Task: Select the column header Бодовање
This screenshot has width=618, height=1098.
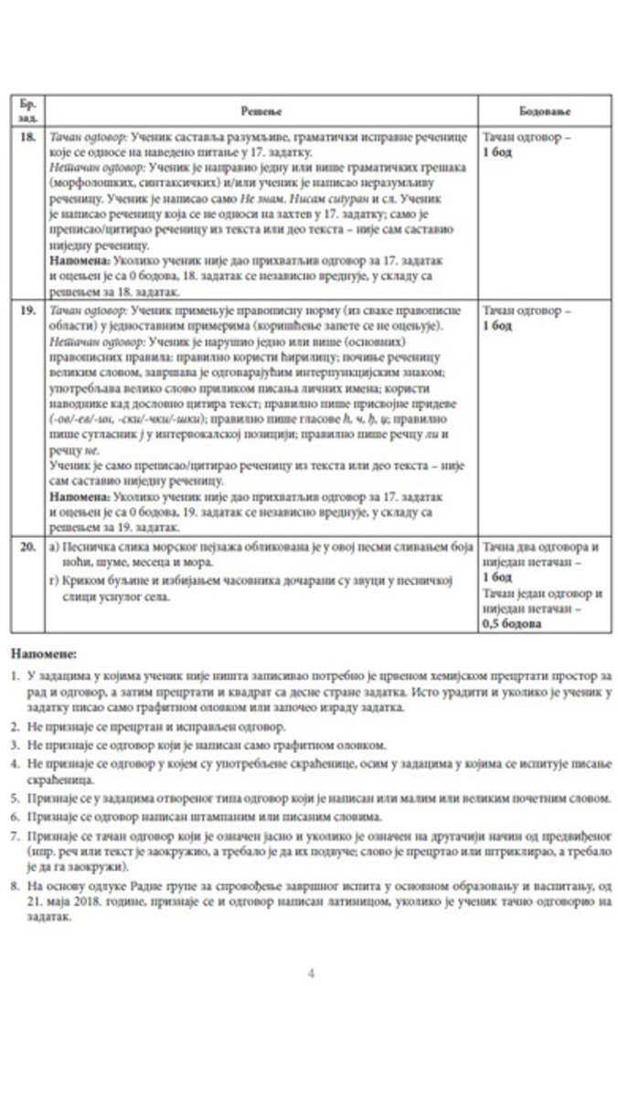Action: [x=544, y=110]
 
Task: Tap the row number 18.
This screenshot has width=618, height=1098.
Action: [x=28, y=135]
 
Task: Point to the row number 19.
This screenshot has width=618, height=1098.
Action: [x=28, y=312]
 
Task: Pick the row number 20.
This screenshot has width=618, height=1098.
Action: [x=28, y=547]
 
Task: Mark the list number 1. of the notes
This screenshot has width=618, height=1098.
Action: [x=16, y=674]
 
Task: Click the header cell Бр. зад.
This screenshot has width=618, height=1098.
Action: [x=28, y=110]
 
